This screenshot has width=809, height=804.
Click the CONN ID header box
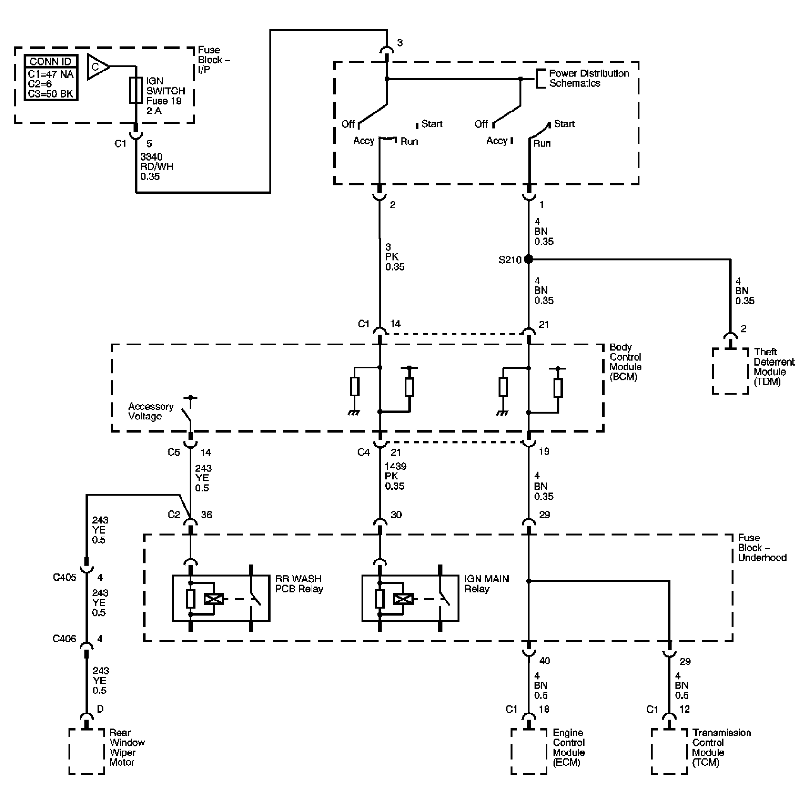50,62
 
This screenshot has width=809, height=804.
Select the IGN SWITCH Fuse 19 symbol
135,90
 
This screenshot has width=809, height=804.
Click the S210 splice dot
528,259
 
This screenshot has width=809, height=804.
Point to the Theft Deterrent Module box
730,371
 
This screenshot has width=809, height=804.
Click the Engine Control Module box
528,751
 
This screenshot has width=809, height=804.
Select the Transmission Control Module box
669,751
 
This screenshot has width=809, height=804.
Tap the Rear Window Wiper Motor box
87,751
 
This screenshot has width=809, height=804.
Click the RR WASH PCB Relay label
299,584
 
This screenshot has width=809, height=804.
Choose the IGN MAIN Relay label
487,584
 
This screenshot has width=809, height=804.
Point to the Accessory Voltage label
151,411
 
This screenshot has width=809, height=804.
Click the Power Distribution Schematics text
589,78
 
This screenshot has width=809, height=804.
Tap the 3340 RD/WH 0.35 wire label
157,167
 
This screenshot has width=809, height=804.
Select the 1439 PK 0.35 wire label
395,476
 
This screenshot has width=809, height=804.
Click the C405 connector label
65,578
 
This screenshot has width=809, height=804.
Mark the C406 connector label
65,639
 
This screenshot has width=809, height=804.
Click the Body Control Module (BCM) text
625,362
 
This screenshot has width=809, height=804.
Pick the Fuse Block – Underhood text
762,547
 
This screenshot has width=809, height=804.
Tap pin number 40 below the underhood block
544,661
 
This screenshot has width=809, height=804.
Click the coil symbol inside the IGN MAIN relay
403,599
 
